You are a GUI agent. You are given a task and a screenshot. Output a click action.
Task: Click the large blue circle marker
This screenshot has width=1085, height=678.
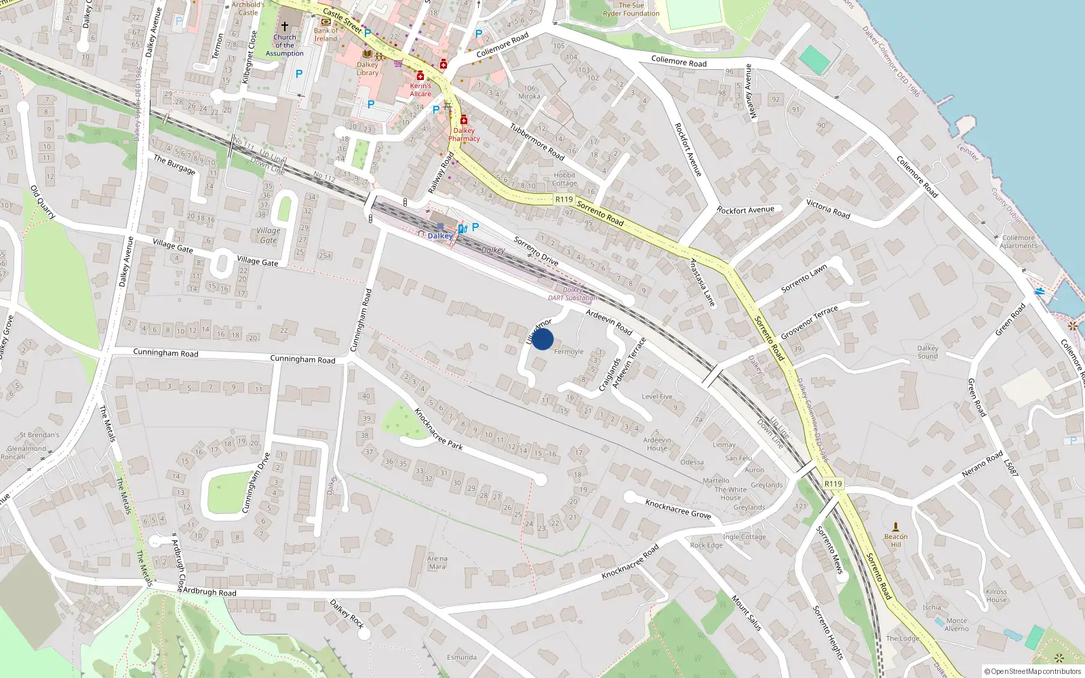(542, 339)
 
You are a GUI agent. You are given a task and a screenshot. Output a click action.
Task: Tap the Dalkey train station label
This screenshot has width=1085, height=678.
(440, 236)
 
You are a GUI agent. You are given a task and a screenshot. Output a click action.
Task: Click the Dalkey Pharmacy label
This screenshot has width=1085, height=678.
(464, 134)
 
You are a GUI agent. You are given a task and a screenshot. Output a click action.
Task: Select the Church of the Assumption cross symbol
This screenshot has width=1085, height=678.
(285, 26)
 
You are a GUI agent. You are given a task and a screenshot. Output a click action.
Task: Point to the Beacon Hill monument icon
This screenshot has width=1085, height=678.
(896, 527)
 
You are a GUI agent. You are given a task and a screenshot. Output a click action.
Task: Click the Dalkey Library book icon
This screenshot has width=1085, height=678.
(367, 54)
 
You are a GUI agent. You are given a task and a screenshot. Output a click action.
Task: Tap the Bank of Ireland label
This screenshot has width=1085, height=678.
(325, 35)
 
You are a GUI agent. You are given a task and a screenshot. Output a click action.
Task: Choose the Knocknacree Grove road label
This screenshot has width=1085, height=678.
(677, 509)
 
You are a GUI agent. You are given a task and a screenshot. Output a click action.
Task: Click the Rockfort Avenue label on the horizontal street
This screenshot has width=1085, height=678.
(745, 210)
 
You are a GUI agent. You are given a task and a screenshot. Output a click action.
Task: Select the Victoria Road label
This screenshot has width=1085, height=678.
(828, 209)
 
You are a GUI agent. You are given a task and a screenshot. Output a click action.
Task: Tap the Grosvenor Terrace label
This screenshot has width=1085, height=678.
(809, 322)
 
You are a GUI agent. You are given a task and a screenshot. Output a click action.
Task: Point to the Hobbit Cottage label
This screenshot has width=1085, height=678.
(564, 179)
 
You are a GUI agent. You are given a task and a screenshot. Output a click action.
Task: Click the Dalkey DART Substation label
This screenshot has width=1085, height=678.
(572, 294)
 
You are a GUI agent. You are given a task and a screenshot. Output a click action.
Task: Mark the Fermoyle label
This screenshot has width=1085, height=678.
(568, 352)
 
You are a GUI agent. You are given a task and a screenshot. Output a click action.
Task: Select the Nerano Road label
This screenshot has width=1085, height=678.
(982, 464)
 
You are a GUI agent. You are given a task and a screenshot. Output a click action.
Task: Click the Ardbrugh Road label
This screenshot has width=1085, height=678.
(210, 592)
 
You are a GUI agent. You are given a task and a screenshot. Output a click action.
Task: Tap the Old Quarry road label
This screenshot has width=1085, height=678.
(42, 201)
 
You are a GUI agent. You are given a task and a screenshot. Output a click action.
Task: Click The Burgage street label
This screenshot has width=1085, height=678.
(174, 165)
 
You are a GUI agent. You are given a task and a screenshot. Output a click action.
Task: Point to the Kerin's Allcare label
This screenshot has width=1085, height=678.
(420, 89)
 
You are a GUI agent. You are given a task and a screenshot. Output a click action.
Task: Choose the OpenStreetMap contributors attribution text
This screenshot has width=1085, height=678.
(1033, 672)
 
